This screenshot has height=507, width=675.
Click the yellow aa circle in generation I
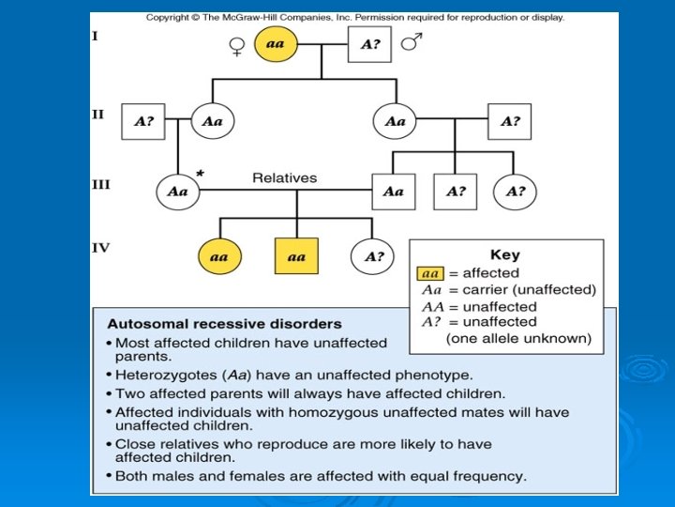tap(276, 43)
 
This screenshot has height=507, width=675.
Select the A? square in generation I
tap(368, 44)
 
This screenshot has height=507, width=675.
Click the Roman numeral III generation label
tap(100, 184)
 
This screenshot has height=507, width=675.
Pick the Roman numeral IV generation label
tap(100, 248)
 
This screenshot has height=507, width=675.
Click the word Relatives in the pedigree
tap(285, 177)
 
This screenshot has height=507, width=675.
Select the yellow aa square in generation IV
tap(296, 256)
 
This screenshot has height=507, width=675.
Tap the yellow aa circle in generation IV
tap(219, 256)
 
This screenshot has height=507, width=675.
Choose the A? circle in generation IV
tap(373, 256)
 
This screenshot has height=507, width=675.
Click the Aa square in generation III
tap(393, 192)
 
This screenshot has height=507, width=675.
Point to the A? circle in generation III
tap(515, 192)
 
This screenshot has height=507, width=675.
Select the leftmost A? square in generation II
tap(143, 121)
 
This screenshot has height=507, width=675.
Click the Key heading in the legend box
tap(504, 254)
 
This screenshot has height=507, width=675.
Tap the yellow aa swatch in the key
tap(430, 273)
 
